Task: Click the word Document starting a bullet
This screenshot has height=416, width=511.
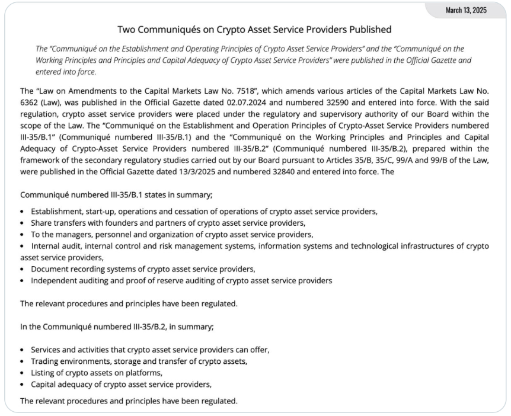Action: point(49,268)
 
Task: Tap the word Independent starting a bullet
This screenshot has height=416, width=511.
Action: point(54,280)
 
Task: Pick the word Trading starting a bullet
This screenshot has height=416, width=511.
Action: point(44,361)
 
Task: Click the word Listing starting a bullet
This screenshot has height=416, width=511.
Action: point(43,372)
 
